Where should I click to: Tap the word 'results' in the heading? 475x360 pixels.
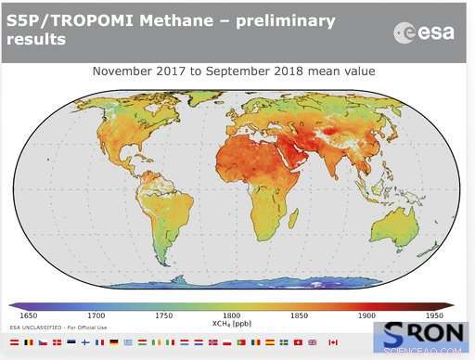36,40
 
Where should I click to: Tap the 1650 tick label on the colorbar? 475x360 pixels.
32,316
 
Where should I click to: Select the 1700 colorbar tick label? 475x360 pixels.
97,316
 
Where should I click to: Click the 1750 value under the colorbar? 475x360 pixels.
164,316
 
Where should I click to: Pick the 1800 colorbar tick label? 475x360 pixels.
231,316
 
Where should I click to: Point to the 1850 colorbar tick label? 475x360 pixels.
298,316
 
